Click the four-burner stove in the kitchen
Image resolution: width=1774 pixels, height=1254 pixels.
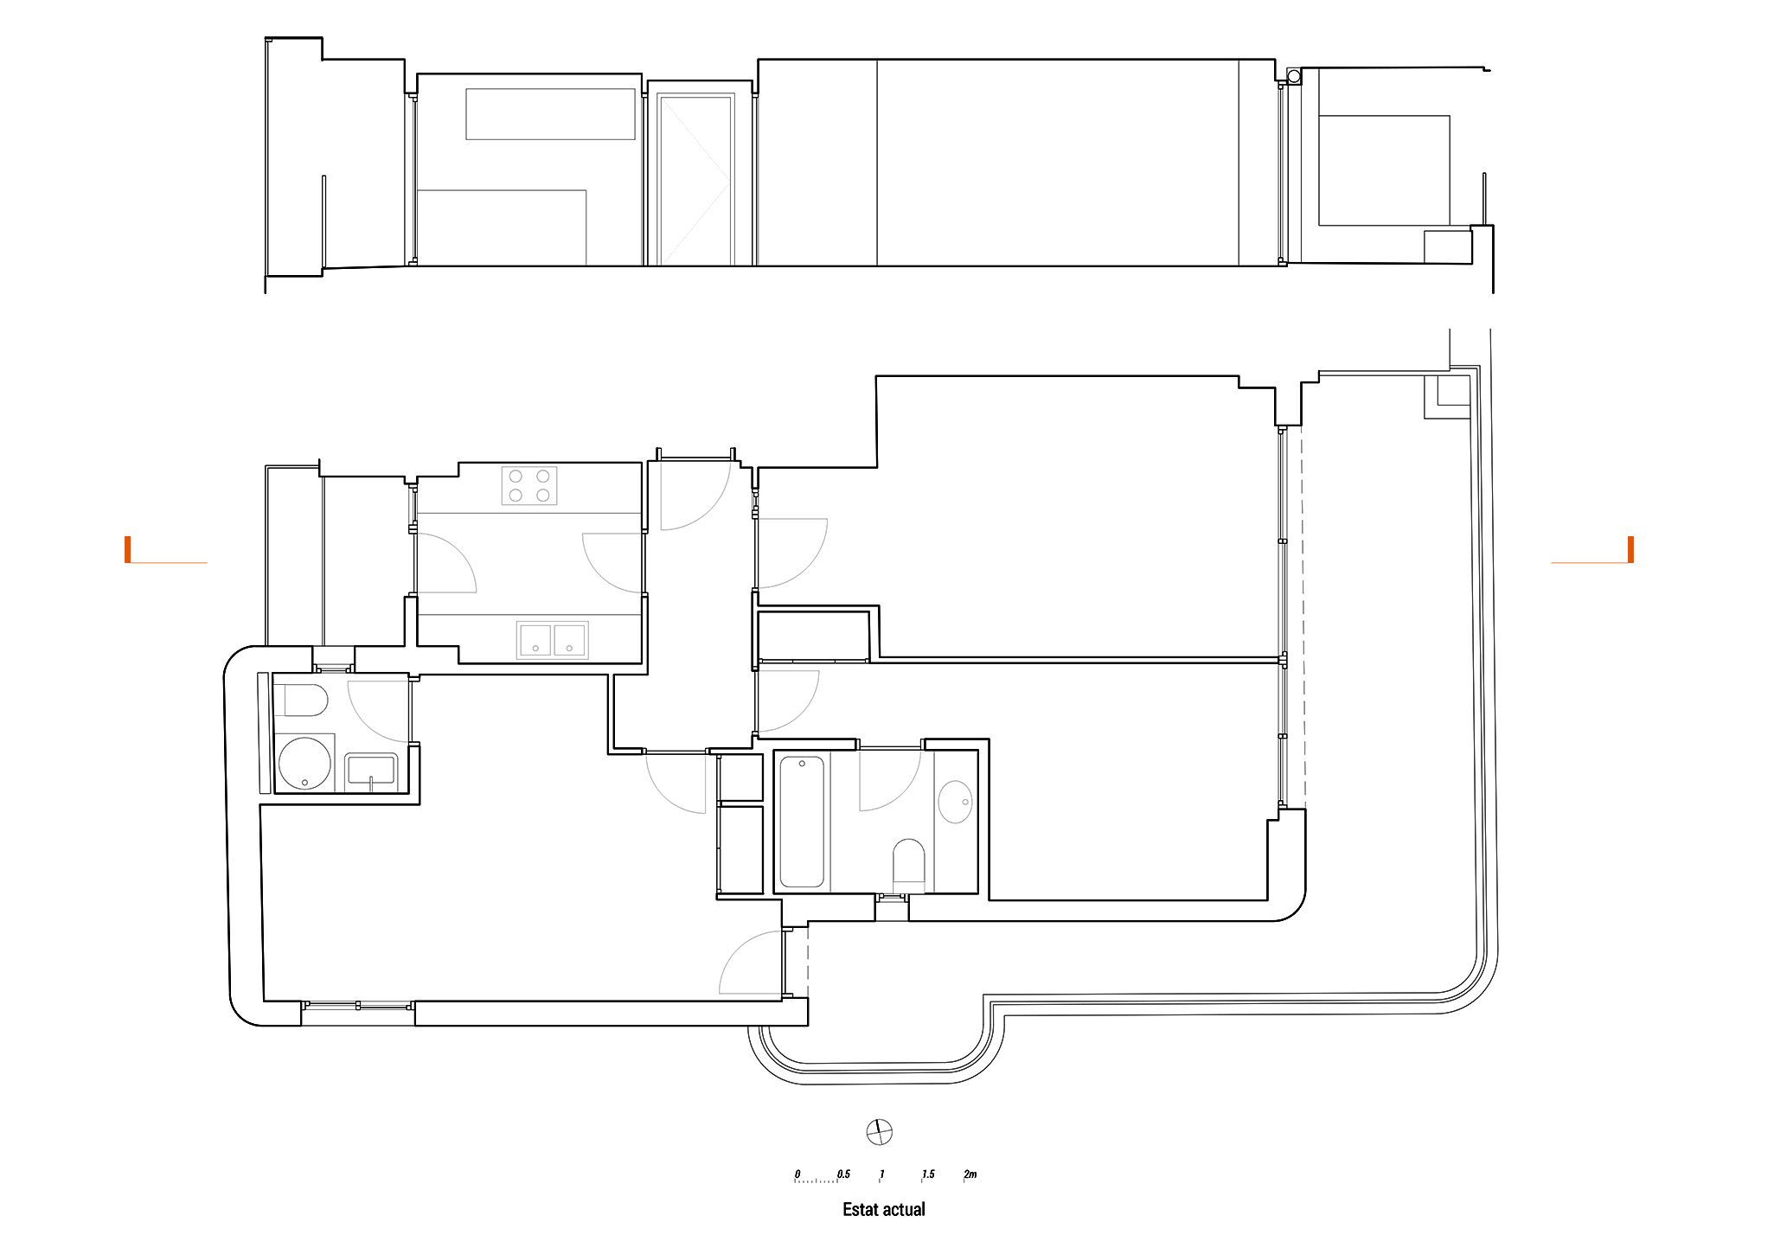point(529,485)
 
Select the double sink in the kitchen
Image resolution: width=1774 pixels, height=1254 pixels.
point(553,640)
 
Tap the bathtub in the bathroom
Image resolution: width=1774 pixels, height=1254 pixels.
point(802,822)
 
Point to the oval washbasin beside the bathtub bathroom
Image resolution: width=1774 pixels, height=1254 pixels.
point(955,802)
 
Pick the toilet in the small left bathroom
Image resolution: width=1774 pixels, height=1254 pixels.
point(300,700)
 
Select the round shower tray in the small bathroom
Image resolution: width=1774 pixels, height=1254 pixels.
point(304,763)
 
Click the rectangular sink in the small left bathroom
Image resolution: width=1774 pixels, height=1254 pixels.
point(371,771)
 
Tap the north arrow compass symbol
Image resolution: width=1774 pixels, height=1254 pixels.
point(879,1132)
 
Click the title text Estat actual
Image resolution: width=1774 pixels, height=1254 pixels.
point(884,1210)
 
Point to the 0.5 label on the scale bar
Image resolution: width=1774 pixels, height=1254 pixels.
point(843,1174)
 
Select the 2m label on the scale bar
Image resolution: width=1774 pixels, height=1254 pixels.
point(970,1174)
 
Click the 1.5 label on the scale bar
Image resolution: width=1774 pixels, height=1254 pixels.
point(928,1174)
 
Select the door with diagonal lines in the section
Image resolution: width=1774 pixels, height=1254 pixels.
point(695,180)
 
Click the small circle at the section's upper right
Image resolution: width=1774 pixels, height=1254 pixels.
point(1294,77)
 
